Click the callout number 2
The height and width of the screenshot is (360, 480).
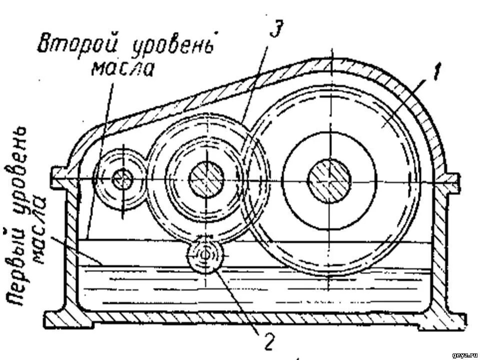(x=268, y=341)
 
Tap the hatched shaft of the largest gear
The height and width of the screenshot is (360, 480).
(x=329, y=179)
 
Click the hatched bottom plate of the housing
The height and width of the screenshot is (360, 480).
(x=250, y=316)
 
